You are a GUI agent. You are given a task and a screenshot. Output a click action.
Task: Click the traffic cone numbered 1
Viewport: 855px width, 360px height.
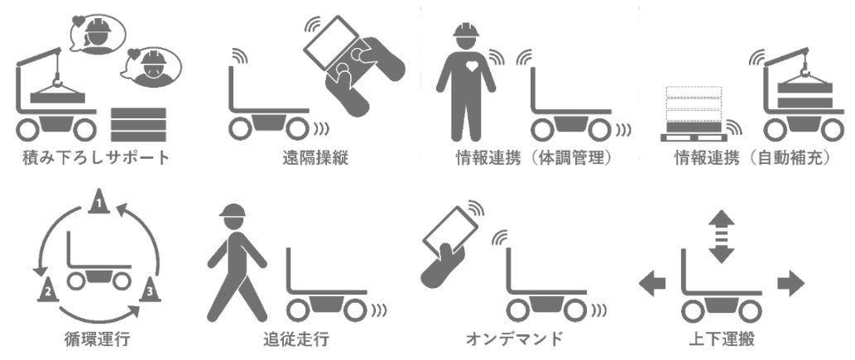(x=98, y=201)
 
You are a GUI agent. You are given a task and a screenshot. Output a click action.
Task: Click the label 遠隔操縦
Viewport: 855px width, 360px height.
(x=315, y=158)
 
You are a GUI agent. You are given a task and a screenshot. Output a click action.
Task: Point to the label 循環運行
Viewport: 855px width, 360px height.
(x=98, y=339)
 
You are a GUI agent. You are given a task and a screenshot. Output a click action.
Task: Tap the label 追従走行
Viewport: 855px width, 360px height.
(x=296, y=339)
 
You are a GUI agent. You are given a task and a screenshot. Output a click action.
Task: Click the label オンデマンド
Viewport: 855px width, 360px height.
(x=514, y=339)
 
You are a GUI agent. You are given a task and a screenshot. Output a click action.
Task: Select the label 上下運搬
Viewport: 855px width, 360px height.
(x=722, y=339)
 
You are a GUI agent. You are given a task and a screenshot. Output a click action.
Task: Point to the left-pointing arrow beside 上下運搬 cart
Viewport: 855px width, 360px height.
(x=652, y=284)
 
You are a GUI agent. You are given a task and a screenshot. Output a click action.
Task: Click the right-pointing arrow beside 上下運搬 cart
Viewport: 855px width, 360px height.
(x=790, y=284)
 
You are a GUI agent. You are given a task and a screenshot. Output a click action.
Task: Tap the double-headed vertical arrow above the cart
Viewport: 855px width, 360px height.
(x=722, y=237)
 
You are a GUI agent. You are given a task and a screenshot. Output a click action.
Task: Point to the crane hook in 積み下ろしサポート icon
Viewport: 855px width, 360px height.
(x=56, y=83)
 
